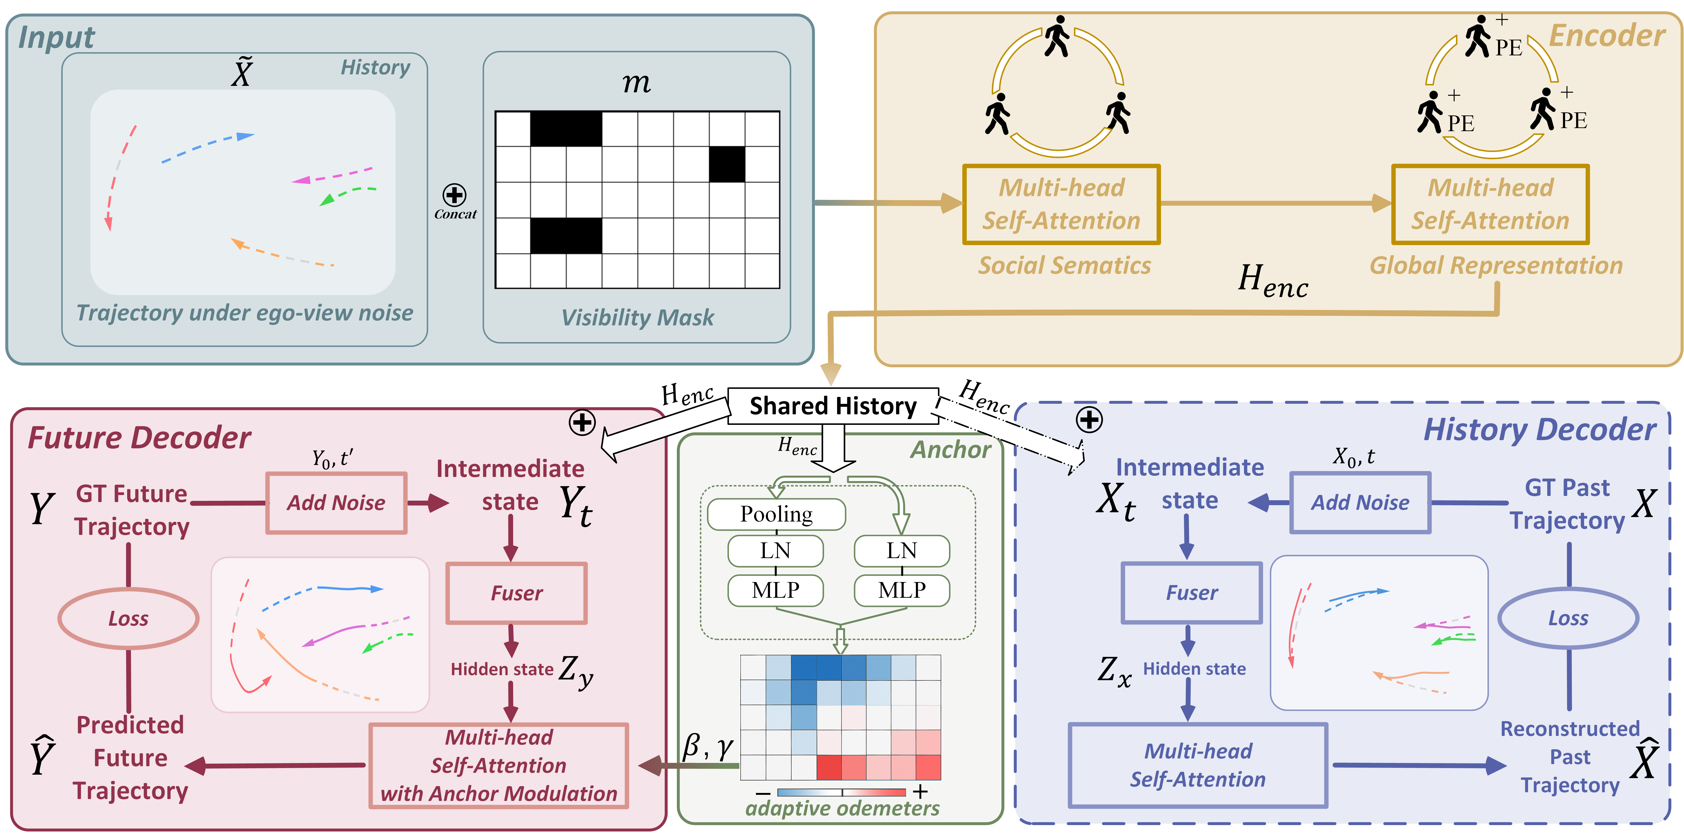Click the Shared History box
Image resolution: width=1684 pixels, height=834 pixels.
click(x=833, y=406)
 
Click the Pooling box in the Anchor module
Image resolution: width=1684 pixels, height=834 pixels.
click(x=776, y=514)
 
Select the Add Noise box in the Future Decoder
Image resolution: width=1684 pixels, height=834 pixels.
click(x=336, y=502)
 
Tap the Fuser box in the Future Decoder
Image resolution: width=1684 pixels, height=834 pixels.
click(x=516, y=593)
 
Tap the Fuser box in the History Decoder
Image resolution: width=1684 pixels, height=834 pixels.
click(x=1191, y=593)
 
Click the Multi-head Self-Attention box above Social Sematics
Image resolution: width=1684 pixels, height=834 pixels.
click(x=1061, y=204)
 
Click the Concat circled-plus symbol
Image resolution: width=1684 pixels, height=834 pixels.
click(x=454, y=195)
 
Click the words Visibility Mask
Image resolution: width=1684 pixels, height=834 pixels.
click(x=637, y=318)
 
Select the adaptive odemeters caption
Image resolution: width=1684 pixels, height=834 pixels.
click(x=842, y=808)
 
